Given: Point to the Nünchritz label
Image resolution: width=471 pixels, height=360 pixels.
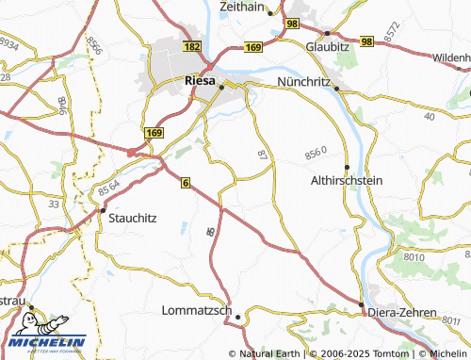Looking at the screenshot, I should (x=304, y=82).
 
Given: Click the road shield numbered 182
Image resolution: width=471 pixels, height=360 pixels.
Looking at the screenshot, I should (x=193, y=45).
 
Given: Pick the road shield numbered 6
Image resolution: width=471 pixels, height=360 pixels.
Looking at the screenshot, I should (x=186, y=182).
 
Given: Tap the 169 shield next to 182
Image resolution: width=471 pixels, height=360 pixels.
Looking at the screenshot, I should (x=252, y=45).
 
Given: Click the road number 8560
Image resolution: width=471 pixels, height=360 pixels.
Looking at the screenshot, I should (x=316, y=152).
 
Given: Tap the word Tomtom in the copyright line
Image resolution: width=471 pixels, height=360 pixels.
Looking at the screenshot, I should (x=365, y=353).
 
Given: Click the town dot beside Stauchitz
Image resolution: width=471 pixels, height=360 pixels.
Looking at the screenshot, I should (x=103, y=211).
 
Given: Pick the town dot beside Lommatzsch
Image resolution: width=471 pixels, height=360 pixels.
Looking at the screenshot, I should (x=239, y=317).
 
